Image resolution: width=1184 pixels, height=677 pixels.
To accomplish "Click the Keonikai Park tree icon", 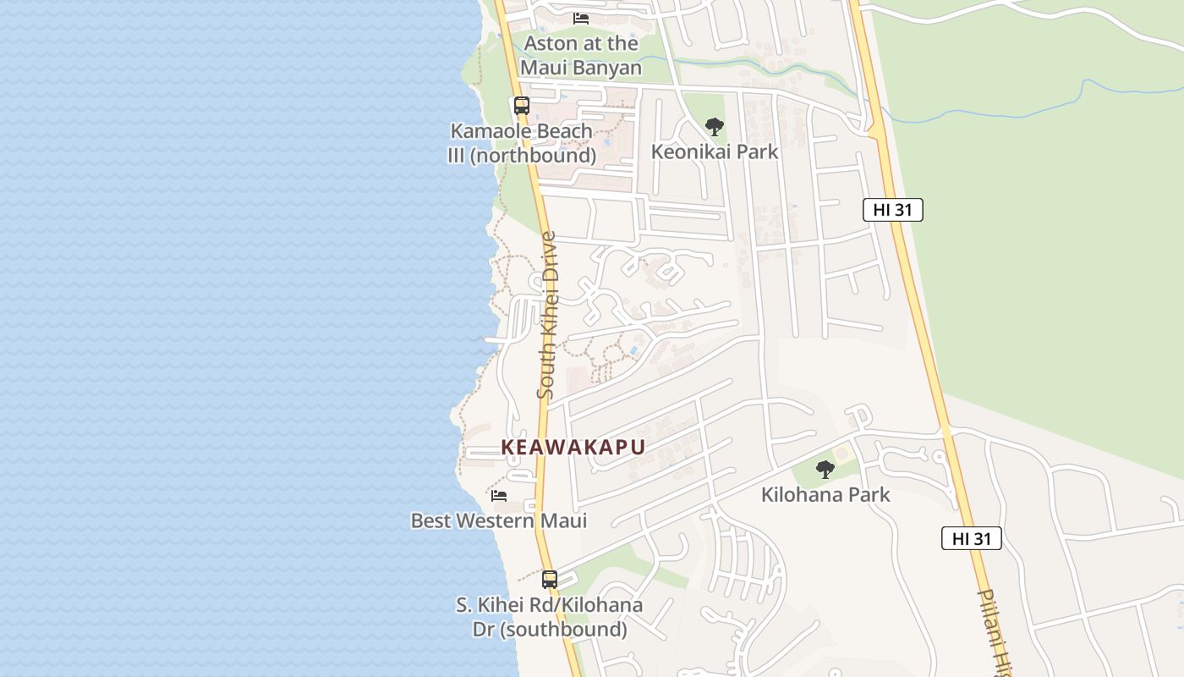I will point(715,128).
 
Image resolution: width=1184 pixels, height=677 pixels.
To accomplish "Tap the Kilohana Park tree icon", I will point(825,470).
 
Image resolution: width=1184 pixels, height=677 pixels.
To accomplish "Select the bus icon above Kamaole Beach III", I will point(522,106).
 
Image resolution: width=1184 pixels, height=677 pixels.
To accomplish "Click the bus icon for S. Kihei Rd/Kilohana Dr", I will point(550,580).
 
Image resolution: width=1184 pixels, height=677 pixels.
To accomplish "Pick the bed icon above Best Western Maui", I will point(499,495).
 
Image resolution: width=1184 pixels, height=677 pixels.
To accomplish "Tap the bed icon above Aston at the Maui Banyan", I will point(581,18).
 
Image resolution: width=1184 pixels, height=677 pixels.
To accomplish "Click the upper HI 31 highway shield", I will point(892,210).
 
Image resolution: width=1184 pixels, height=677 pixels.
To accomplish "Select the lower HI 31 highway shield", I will point(971,538).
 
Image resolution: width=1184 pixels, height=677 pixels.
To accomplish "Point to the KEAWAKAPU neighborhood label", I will point(573,448).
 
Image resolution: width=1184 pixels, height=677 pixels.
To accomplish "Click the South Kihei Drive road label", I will point(547,315).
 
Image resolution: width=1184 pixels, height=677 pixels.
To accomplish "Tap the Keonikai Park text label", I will point(715,152).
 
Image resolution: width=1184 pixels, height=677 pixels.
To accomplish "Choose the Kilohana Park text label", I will point(825,495).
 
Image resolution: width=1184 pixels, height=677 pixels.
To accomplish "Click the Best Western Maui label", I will point(499,520).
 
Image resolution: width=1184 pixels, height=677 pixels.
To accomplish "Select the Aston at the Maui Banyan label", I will point(581,55).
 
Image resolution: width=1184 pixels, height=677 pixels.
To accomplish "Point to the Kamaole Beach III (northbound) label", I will point(522,144).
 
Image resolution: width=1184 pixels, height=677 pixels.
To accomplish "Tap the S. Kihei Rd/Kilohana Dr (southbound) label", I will point(550,618).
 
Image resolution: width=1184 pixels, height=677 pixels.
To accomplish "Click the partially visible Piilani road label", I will point(995,630).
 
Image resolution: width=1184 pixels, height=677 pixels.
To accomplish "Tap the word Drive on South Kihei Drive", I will point(548,257).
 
